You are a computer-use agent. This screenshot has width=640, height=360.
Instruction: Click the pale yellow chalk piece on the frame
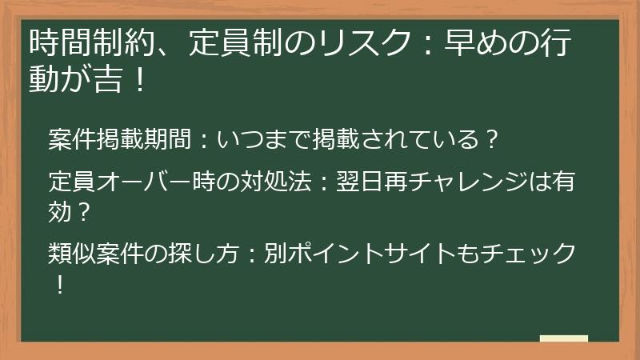tap(564, 338)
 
